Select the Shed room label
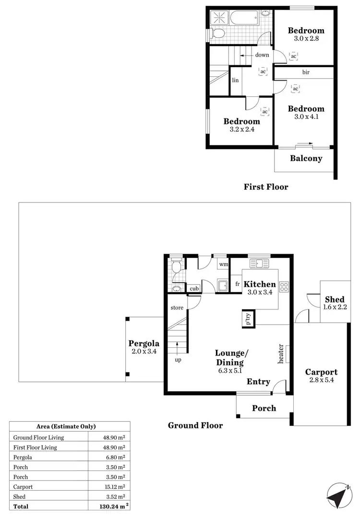(334, 300)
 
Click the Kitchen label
(260, 284)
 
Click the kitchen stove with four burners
(284, 286)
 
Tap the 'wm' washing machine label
(223, 264)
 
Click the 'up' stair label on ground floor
(178, 360)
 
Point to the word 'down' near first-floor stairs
(262, 55)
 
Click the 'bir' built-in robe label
(306, 72)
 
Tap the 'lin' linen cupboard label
(235, 81)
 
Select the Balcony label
(306, 158)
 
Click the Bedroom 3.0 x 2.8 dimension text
(306, 39)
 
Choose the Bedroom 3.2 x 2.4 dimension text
(241, 129)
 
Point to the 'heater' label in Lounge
(281, 353)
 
